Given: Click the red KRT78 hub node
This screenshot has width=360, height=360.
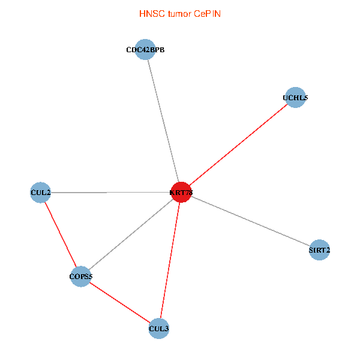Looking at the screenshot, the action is point(181,192).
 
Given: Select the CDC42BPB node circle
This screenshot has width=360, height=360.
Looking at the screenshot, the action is point(145,50).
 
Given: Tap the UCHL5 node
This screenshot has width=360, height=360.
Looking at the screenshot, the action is point(295,97).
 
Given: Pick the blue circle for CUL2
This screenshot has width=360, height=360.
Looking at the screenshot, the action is point(40,193).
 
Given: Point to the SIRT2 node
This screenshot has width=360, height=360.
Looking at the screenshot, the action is point(320,250).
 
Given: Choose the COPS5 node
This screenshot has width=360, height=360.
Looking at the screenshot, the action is point(81,277).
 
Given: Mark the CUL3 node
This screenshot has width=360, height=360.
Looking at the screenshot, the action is point(158,328).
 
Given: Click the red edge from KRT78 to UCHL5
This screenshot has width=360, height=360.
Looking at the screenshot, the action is point(238,145).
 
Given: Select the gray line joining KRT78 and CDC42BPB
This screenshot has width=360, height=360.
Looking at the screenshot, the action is point(163,121).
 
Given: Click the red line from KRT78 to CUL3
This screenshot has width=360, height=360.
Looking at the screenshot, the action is point(170,260).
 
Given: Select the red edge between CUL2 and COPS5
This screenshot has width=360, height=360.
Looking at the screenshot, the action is point(61,235).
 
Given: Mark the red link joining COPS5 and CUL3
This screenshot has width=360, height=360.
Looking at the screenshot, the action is point(120,302).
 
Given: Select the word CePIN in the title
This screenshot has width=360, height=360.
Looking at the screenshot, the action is point(207,14).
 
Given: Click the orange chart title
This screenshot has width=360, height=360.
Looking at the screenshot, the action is point(180,14).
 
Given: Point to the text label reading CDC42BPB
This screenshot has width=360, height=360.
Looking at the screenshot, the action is point(145,50).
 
